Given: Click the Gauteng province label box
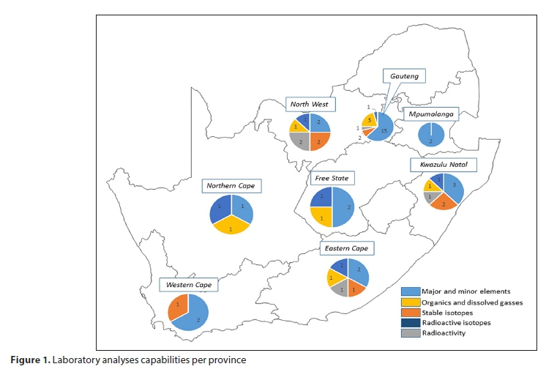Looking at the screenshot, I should pos(404,77).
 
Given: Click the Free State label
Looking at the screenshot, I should pos(332,178).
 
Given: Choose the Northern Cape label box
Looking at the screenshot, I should pos(231,186).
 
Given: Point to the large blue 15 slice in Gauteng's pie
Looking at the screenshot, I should pos(382,129).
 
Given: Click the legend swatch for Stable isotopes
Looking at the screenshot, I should pos(410,313).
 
